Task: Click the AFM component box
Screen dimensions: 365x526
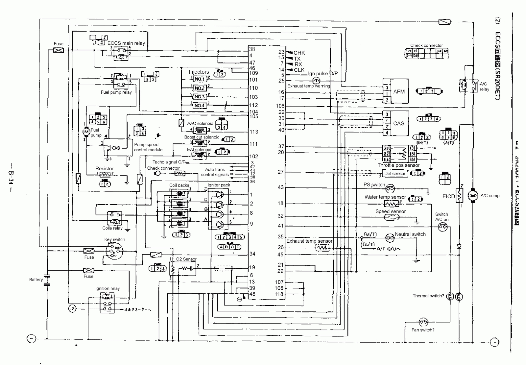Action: coord(399,91)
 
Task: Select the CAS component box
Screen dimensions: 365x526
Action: coord(398,123)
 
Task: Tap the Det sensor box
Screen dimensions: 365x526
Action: coord(394,173)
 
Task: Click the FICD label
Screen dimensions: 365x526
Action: coord(448,196)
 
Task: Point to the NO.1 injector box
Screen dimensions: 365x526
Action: coord(199,79)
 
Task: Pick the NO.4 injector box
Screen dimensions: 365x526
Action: coord(199,106)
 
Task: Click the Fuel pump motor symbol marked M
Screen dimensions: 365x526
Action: coord(86,132)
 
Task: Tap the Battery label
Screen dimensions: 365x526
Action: coord(36,280)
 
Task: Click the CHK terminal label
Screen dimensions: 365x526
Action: coord(299,53)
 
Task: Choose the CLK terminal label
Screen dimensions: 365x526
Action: coord(299,70)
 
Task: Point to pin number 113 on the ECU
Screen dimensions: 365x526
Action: coord(254,132)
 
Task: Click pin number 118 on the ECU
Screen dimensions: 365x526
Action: coord(279,294)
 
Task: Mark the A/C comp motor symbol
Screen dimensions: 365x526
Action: coord(473,196)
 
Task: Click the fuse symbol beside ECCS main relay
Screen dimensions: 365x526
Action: coord(59,51)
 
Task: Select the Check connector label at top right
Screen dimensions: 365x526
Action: coord(426,45)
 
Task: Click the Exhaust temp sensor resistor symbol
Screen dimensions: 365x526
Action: coord(322,248)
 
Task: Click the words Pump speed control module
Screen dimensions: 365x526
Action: coord(148,147)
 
